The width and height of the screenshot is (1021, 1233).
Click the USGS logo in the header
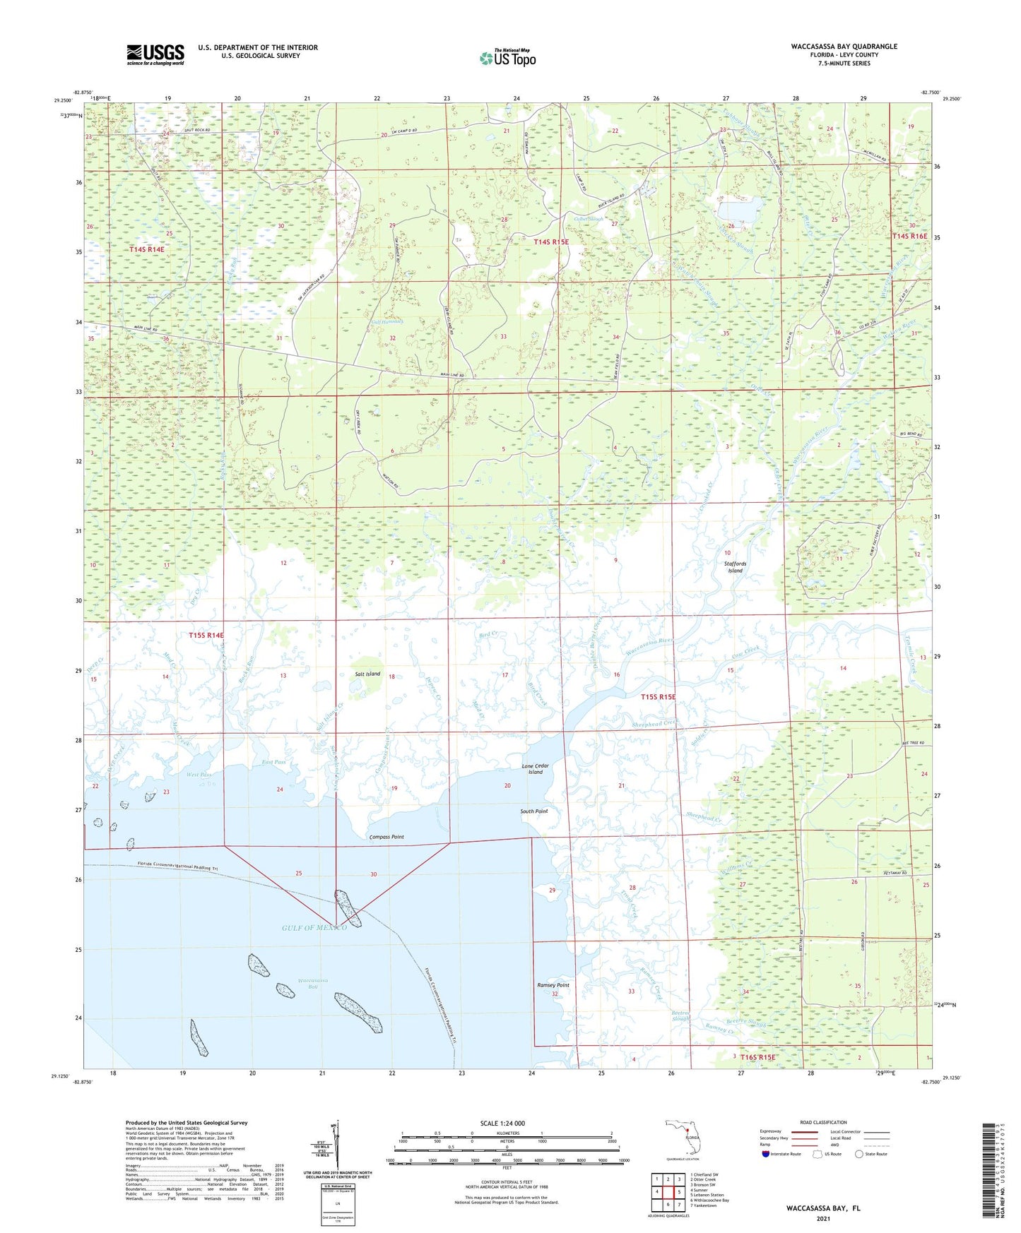point(155,54)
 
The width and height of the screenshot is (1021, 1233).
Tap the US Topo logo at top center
point(507,58)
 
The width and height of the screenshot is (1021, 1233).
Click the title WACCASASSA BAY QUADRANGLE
point(844,47)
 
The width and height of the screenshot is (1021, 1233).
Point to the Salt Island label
point(367,674)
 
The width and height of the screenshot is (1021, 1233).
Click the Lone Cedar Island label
point(536,768)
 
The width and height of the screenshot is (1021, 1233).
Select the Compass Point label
point(386,837)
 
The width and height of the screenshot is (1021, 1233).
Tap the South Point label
point(534,811)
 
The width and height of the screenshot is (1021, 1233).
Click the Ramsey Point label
point(553,985)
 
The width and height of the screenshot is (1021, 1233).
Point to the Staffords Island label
point(735,567)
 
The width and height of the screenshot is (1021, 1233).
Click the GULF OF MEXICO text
point(315,927)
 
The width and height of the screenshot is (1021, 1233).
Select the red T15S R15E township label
point(658,697)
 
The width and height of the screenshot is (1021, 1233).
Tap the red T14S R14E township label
point(146,249)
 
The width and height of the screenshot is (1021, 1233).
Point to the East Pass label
point(273,762)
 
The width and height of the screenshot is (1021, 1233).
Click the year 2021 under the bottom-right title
point(822,1218)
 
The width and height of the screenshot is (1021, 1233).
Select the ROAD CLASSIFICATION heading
point(823,1122)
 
